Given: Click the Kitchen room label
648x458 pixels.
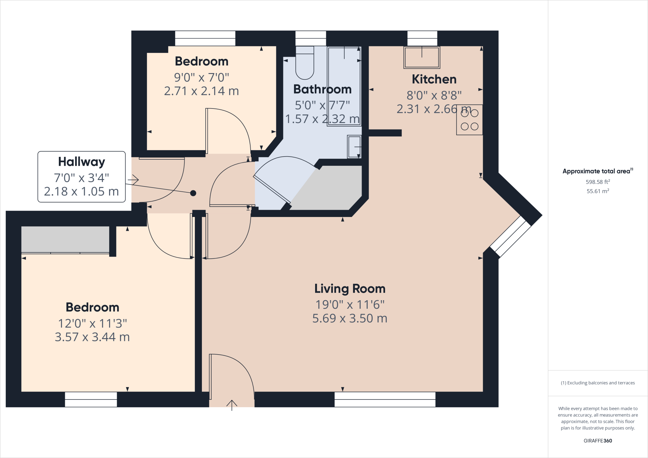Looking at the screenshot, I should pyautogui.click(x=434, y=79).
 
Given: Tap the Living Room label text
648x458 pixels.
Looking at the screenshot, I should pyautogui.click(x=350, y=289).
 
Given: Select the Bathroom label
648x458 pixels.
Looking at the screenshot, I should pyautogui.click(x=322, y=90).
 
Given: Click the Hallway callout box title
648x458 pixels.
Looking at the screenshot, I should pyautogui.click(x=81, y=162).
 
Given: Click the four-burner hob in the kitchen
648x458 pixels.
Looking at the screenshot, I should pyautogui.click(x=469, y=120).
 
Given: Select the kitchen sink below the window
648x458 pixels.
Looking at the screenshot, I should pyautogui.click(x=422, y=58).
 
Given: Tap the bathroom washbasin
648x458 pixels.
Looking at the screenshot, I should pyautogui.click(x=354, y=147).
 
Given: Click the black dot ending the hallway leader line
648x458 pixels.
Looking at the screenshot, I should pyautogui.click(x=193, y=193).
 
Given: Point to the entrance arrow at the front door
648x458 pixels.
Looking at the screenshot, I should pyautogui.click(x=232, y=405).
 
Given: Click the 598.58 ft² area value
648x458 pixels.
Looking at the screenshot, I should pyautogui.click(x=598, y=182).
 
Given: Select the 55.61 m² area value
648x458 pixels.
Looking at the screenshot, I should pyautogui.click(x=598, y=191).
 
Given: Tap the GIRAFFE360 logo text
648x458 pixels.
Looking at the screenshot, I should pyautogui.click(x=598, y=441).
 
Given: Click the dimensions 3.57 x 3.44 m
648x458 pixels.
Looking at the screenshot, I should pyautogui.click(x=92, y=337).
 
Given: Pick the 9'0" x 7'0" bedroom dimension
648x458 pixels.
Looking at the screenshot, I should pyautogui.click(x=201, y=77).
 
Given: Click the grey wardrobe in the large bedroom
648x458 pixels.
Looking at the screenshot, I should pyautogui.click(x=65, y=239).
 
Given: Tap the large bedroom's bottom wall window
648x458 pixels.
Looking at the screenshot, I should pyautogui.click(x=91, y=399).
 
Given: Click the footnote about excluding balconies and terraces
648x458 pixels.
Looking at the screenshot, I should pyautogui.click(x=598, y=383).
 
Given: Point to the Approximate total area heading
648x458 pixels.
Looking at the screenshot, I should pyautogui.click(x=596, y=171).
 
